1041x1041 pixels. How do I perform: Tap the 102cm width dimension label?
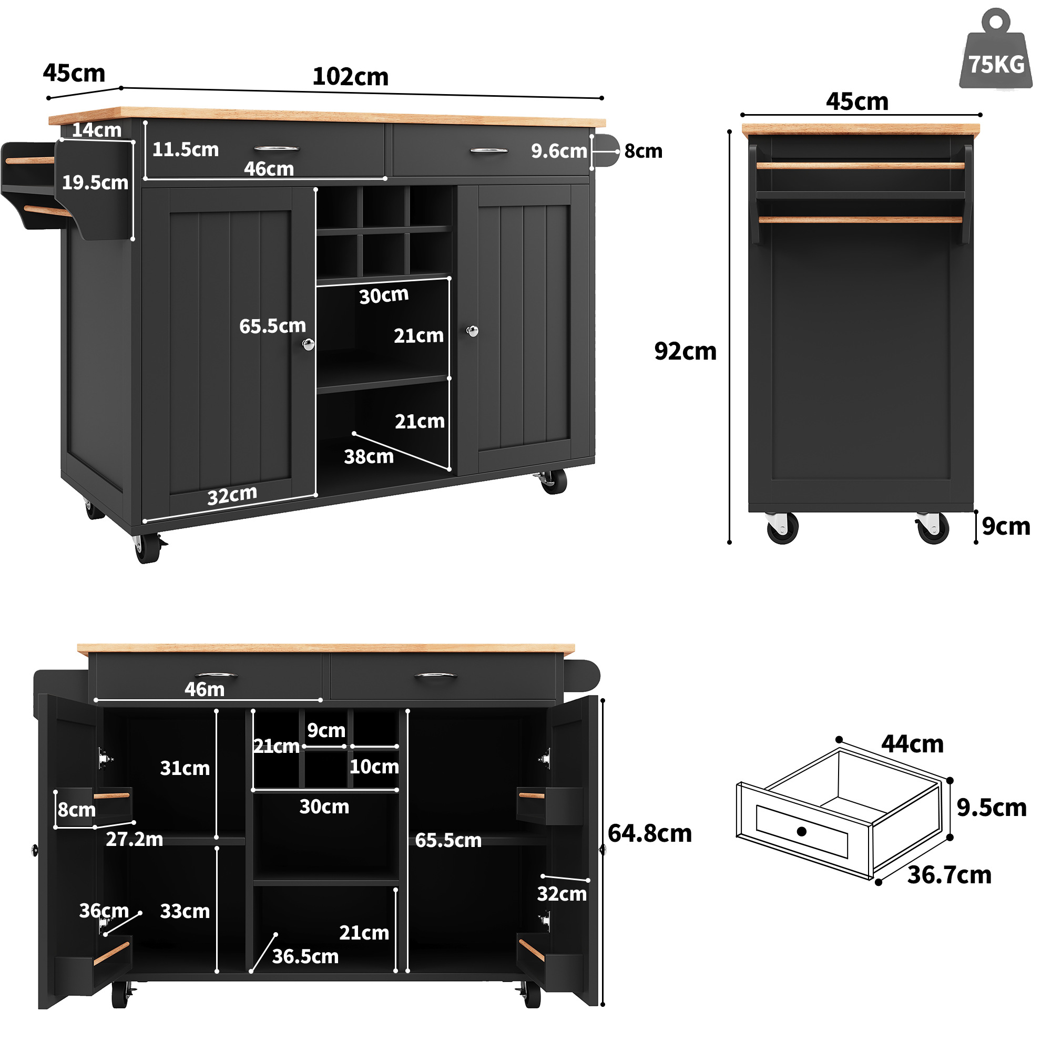[350, 77]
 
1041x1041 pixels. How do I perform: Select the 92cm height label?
[686, 351]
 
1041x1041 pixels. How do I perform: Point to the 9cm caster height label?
[1006, 526]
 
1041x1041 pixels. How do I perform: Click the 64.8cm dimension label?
[649, 833]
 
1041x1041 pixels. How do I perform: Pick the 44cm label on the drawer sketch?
[912, 744]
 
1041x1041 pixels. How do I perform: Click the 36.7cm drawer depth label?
[950, 875]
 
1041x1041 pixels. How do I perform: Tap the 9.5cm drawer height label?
[992, 808]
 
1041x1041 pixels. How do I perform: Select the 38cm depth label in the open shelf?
[369, 457]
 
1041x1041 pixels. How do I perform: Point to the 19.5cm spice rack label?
[95, 182]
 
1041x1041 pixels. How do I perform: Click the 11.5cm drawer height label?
[186, 149]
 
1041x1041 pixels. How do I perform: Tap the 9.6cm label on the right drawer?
[559, 151]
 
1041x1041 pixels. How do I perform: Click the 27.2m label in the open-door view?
[134, 839]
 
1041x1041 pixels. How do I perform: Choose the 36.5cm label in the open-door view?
[305, 956]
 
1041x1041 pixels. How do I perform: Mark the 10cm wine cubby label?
[374, 766]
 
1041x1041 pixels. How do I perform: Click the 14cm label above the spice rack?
[97, 130]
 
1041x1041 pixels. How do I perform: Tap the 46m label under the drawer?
[204, 689]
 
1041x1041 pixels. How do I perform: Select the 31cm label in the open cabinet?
[185, 768]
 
